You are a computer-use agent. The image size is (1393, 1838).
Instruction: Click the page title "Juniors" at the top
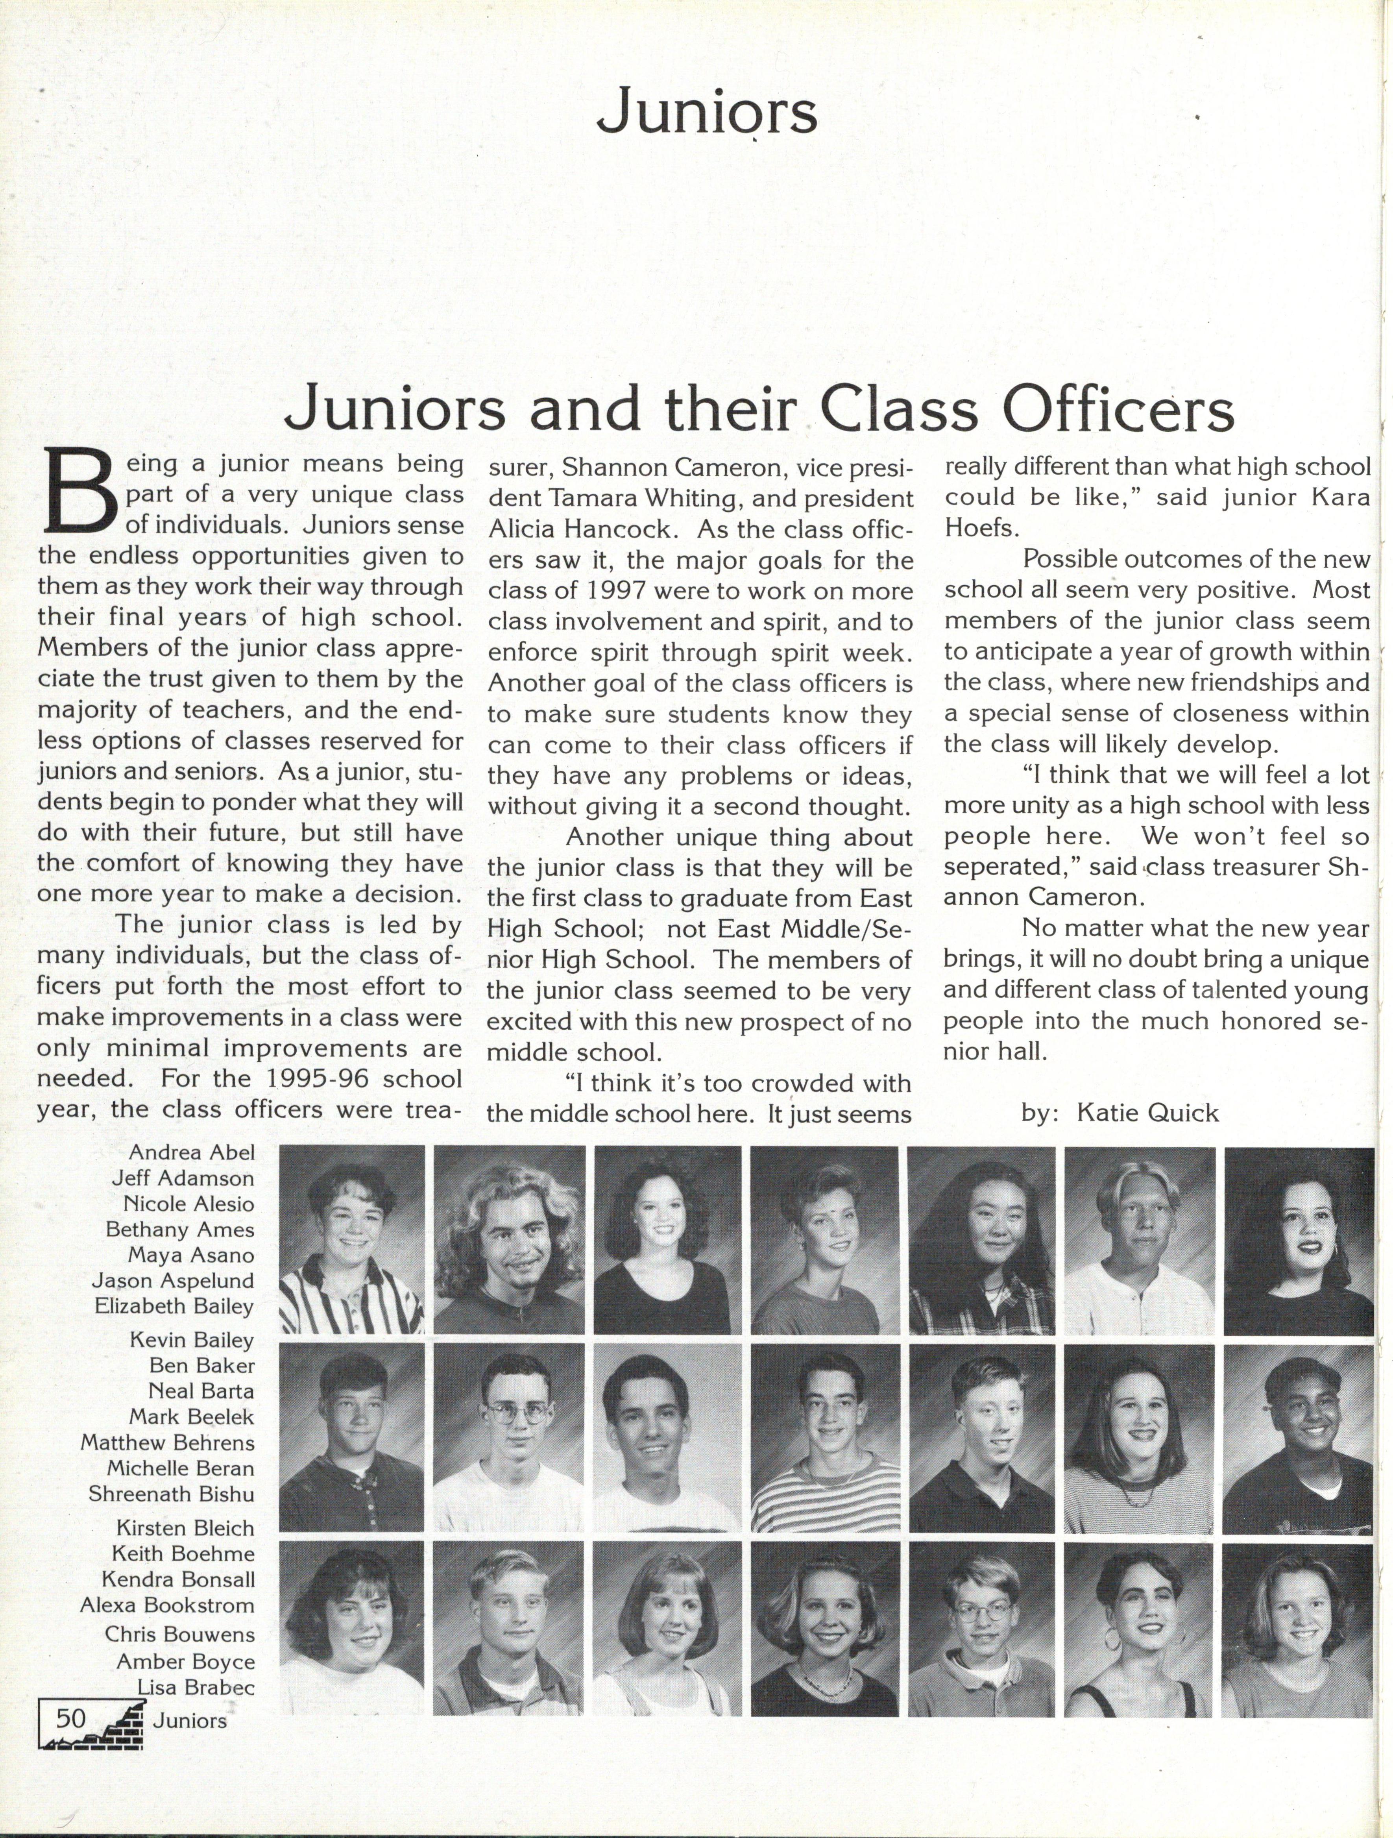tap(707, 114)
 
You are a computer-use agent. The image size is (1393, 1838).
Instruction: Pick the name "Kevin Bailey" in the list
tap(192, 1339)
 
